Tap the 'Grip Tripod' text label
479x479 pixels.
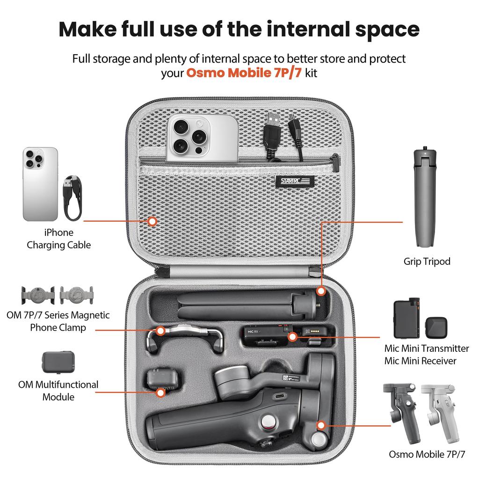427,261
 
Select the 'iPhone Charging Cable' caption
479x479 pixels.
58,239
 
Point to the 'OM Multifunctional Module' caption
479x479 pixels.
58,391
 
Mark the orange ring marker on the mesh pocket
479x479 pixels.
152,221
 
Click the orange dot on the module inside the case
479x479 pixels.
160,392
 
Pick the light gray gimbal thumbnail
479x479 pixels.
440,412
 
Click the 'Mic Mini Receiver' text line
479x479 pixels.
420,361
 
